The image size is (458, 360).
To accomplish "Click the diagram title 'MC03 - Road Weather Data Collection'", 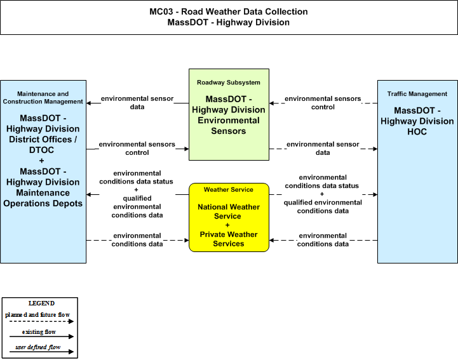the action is click(229, 11).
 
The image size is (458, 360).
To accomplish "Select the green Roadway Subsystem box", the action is click(229, 114).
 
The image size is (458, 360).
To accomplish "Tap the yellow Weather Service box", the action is click(229, 217).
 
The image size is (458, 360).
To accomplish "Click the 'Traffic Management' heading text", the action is click(417, 94).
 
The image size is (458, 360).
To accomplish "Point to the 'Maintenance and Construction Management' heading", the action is click(43, 98).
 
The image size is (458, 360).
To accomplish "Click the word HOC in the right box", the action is click(417, 131).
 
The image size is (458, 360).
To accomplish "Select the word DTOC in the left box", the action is click(41, 150).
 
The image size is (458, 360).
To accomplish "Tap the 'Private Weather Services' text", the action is click(229, 239).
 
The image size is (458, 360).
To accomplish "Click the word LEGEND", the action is click(41, 303).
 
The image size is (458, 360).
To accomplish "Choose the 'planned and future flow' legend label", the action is click(37, 315).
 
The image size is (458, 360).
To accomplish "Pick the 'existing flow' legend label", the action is click(39, 332).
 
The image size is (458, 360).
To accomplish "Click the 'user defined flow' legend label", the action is click(38, 347).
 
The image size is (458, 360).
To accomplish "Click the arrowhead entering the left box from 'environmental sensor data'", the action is click(89, 103).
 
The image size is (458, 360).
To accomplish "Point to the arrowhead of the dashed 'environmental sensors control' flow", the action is click(272, 103).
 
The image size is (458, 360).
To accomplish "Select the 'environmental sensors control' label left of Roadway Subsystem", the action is click(137, 149).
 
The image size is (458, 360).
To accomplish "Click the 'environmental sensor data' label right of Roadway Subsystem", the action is click(323, 149).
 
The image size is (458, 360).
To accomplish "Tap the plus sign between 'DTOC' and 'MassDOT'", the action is click(41, 161).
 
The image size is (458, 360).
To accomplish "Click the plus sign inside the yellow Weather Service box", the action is click(227, 225).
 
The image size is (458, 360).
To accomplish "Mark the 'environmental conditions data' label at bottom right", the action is click(323, 240).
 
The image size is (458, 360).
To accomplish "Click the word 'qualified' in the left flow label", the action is click(137, 199).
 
